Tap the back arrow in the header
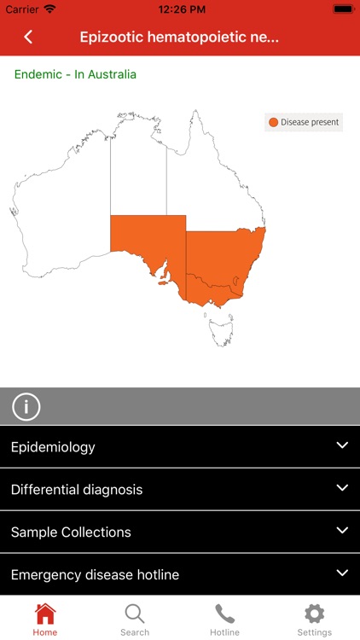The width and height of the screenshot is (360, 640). (x=28, y=37)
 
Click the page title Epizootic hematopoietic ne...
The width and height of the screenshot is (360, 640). (x=179, y=37)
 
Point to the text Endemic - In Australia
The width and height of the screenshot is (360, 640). (x=75, y=74)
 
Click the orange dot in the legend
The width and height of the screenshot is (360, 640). (x=273, y=122)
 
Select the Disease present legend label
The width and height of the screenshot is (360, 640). (x=310, y=122)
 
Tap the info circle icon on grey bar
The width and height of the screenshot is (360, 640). (x=26, y=407)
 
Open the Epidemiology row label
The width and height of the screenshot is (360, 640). (x=53, y=447)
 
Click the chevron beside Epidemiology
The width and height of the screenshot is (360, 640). (x=342, y=445)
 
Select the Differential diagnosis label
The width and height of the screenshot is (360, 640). (x=77, y=490)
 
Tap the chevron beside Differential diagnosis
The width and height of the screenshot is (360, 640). (x=342, y=488)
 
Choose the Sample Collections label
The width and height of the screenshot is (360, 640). (x=71, y=532)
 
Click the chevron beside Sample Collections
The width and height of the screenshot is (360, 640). (x=342, y=530)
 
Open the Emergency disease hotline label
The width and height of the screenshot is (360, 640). (x=95, y=574)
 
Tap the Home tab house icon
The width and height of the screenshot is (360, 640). (x=45, y=614)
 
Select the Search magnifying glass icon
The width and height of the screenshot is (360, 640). (x=135, y=614)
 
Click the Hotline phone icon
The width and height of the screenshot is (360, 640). (x=225, y=614)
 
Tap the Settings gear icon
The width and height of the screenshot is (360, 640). (x=315, y=614)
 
